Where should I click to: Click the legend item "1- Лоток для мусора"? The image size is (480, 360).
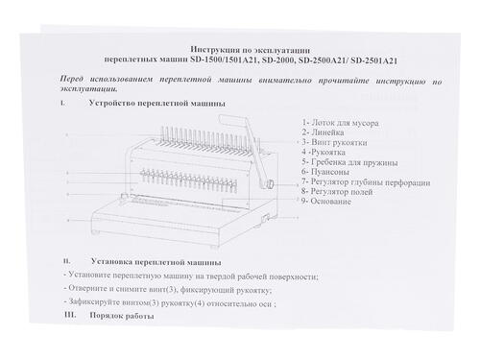[x=336, y=123]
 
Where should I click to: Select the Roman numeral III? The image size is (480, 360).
[x=67, y=315]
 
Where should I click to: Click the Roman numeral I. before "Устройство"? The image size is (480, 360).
[x=61, y=102]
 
